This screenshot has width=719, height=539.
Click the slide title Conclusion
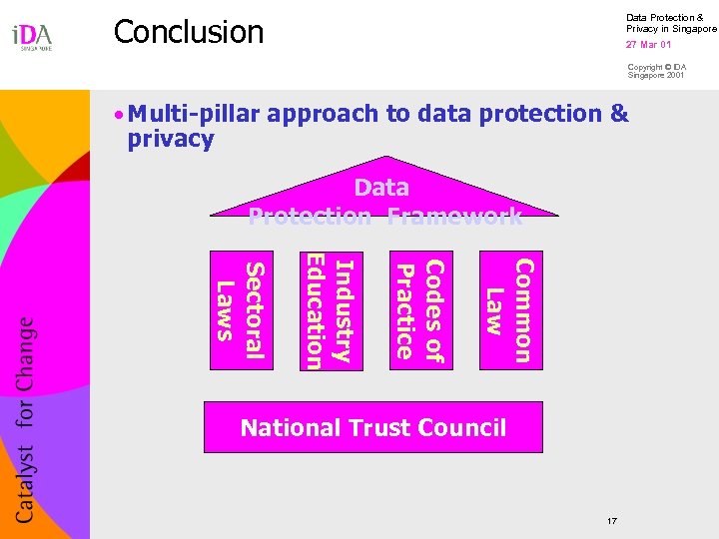pos(188,32)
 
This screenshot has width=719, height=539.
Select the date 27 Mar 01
pos(648,45)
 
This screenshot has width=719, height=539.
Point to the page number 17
pos(611,521)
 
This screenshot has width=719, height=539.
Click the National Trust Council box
pos(373,428)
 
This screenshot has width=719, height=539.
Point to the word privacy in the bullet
pos(171,139)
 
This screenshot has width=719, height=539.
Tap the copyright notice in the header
pos(656,71)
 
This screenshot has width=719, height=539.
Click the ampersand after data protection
pos(619,114)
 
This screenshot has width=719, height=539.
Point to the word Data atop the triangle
pos(381,188)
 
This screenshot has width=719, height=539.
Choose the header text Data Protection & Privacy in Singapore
pos(670,23)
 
